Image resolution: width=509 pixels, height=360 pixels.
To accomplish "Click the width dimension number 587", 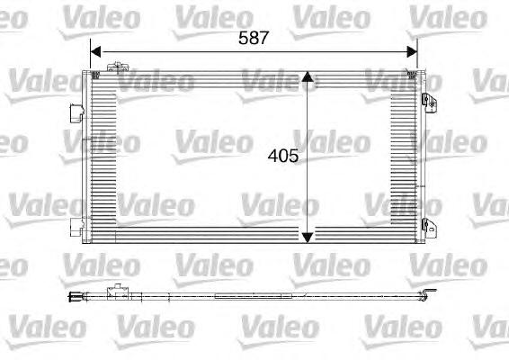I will click(x=254, y=38).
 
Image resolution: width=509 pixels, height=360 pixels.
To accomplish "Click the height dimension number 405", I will click(x=282, y=155).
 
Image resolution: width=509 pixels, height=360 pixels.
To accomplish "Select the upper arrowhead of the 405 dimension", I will click(x=308, y=79).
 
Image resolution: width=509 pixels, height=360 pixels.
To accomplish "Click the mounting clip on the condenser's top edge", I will click(x=115, y=67).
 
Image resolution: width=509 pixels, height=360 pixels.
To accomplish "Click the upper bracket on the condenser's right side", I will click(x=433, y=90).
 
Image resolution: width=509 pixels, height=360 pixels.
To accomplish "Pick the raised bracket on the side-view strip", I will click(x=114, y=291).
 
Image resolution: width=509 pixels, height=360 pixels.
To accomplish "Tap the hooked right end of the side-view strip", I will click(x=432, y=293).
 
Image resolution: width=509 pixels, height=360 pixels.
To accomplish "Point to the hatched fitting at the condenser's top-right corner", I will click(x=413, y=73).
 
